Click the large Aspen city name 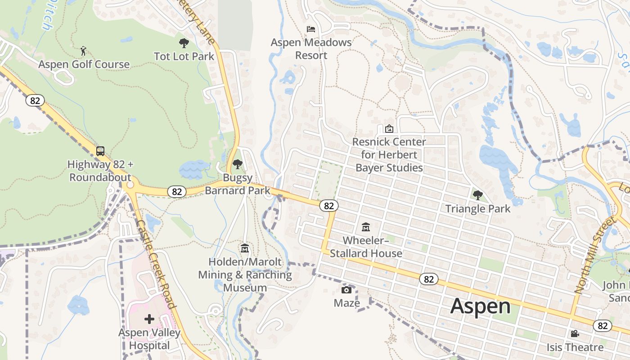point(480,306)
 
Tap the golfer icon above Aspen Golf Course point(83,50)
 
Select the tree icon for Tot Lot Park point(184,43)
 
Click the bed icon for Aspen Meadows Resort point(311,29)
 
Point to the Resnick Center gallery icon point(389,129)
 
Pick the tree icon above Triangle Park point(477,195)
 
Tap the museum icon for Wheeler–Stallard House point(366,227)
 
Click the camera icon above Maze point(346,289)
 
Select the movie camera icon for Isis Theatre point(575,333)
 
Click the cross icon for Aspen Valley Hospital point(149,319)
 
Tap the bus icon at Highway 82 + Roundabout point(100,151)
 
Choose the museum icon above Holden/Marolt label point(245,248)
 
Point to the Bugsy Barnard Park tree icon point(237,165)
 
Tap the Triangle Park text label point(478,208)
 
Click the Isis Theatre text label point(575,347)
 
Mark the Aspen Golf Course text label point(84,64)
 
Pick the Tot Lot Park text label point(184,56)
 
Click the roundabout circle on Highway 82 point(130,184)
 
